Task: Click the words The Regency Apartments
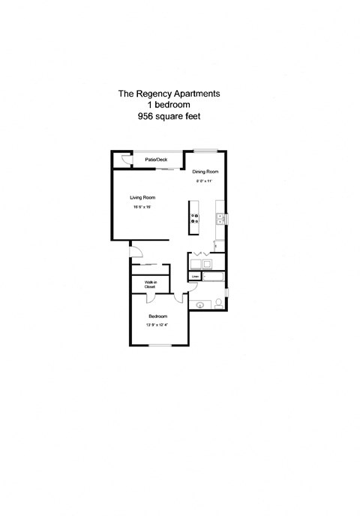point(169,94)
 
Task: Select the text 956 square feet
point(169,117)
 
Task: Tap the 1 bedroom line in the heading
point(169,106)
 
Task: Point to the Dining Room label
point(205,172)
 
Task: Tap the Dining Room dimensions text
point(205,181)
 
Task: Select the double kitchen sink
point(220,219)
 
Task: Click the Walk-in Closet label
point(150,284)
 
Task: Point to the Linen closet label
point(194,277)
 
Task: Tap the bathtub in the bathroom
point(214,277)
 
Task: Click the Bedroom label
point(157,316)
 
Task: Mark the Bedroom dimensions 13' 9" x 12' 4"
point(157,325)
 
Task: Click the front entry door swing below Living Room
point(135,250)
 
